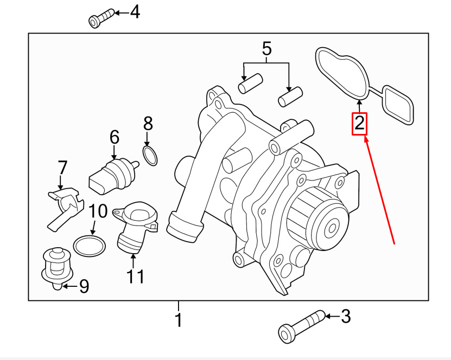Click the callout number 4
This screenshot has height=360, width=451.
[134, 11]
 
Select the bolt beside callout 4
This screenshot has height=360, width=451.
[101, 17]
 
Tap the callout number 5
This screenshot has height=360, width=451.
[266, 49]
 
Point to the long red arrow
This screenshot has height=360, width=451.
[380, 190]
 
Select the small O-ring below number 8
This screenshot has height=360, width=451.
[150, 156]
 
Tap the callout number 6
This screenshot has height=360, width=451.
[114, 138]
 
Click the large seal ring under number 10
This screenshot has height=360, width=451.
[90, 246]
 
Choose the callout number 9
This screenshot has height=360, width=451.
[84, 286]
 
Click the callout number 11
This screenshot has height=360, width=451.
[136, 277]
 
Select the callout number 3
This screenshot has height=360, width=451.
[346, 316]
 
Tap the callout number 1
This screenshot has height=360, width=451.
[179, 320]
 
